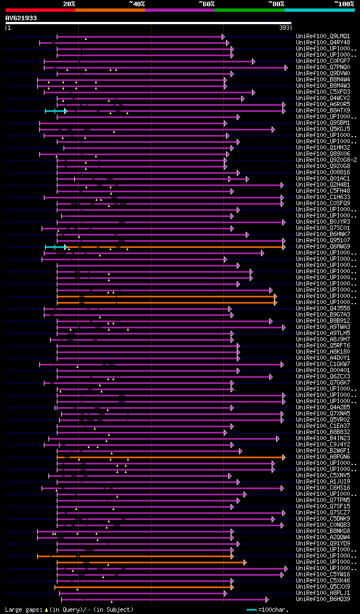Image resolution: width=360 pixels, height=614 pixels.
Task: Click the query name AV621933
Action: point(21,18)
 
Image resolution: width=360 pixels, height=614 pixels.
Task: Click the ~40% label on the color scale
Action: point(137,3)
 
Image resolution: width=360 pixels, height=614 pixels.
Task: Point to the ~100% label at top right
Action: point(344,3)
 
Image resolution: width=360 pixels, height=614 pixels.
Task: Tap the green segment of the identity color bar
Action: point(249,10)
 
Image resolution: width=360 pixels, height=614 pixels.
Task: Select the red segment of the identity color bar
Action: point(40,10)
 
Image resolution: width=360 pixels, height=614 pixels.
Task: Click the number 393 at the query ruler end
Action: point(284,28)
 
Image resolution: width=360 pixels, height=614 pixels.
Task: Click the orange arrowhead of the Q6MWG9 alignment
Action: point(284,246)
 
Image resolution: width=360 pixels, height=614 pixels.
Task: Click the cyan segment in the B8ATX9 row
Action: point(55,110)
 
